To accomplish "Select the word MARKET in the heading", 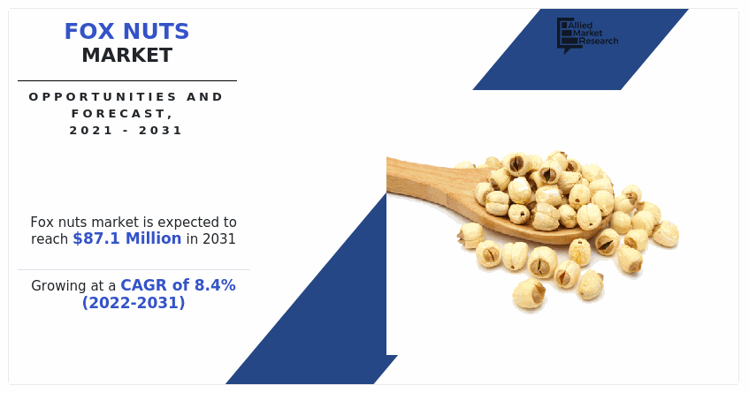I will [126, 56].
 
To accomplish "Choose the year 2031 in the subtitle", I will [164, 130].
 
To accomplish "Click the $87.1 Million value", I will [126, 238].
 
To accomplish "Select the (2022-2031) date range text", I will [134, 303].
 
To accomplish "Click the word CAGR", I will [141, 285].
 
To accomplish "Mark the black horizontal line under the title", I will [126, 80].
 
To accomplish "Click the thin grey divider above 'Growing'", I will [134, 269].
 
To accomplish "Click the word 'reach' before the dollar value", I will [50, 238].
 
